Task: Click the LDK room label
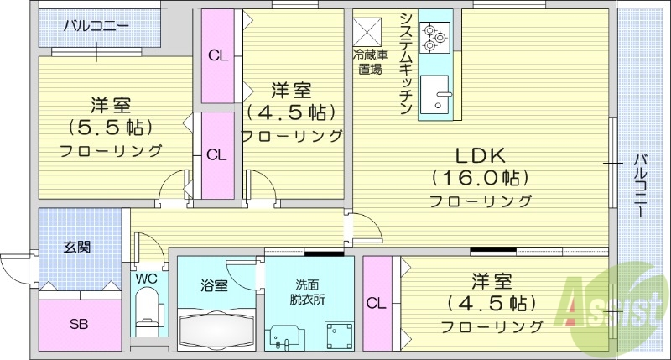point(479,155)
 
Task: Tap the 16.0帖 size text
point(479,178)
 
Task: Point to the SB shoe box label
point(79,323)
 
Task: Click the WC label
point(147,277)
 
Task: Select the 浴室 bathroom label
point(215,285)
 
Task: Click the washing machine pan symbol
point(338,334)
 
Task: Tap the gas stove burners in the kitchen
point(435,37)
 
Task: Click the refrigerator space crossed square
point(367,31)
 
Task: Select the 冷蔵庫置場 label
point(368,62)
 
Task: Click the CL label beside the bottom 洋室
point(376,303)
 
